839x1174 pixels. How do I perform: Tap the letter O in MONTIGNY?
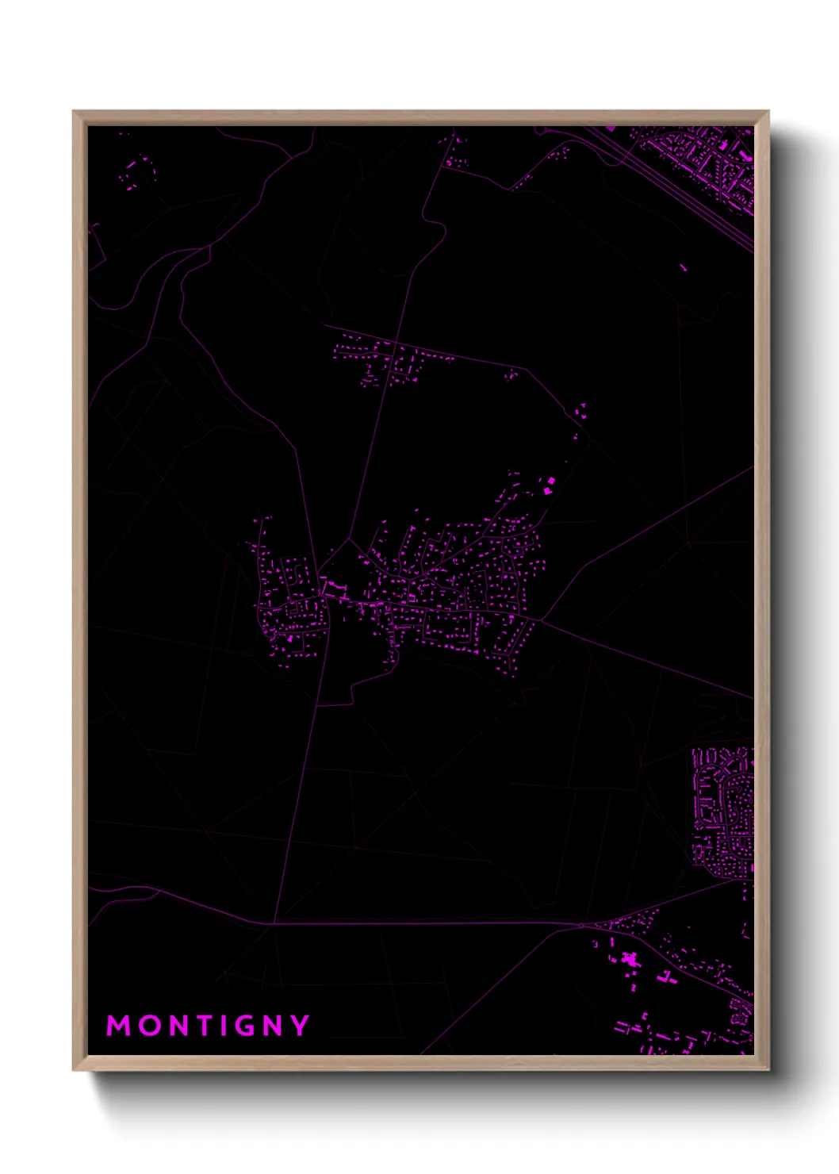[x=151, y=1026]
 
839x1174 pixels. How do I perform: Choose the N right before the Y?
[x=274, y=1026]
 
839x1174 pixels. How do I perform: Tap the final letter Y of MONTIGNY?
[x=301, y=1026]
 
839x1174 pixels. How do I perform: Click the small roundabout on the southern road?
[x=581, y=925]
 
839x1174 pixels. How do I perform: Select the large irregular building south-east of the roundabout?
[x=632, y=960]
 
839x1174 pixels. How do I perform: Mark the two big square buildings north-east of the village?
[x=547, y=486]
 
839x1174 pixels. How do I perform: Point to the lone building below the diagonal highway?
[x=683, y=268]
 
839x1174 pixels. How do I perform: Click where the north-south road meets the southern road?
[x=274, y=923]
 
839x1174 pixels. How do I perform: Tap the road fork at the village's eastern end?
[x=541, y=620]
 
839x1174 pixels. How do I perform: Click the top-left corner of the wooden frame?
[x=74, y=112]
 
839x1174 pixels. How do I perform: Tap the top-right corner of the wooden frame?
[x=768, y=112]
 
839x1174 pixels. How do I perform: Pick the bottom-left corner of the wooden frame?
[x=74, y=1069]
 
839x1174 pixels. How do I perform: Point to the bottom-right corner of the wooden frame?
[x=768, y=1069]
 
